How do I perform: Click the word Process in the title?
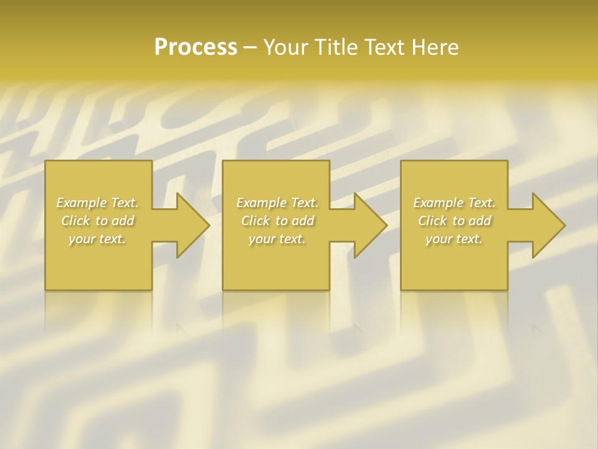[x=196, y=47]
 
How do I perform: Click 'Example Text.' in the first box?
[x=98, y=203]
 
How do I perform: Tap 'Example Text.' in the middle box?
[x=277, y=203]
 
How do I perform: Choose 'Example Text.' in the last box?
[x=454, y=203]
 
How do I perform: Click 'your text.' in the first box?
[x=98, y=239]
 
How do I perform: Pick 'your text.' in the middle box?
[x=277, y=239]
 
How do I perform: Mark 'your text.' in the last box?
[x=454, y=239]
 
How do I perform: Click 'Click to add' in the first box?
[x=98, y=221]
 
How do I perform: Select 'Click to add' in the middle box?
[x=277, y=221]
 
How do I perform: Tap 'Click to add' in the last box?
[x=454, y=221]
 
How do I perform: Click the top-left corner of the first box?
[x=45, y=161]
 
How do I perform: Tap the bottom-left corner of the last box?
[x=401, y=289]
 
